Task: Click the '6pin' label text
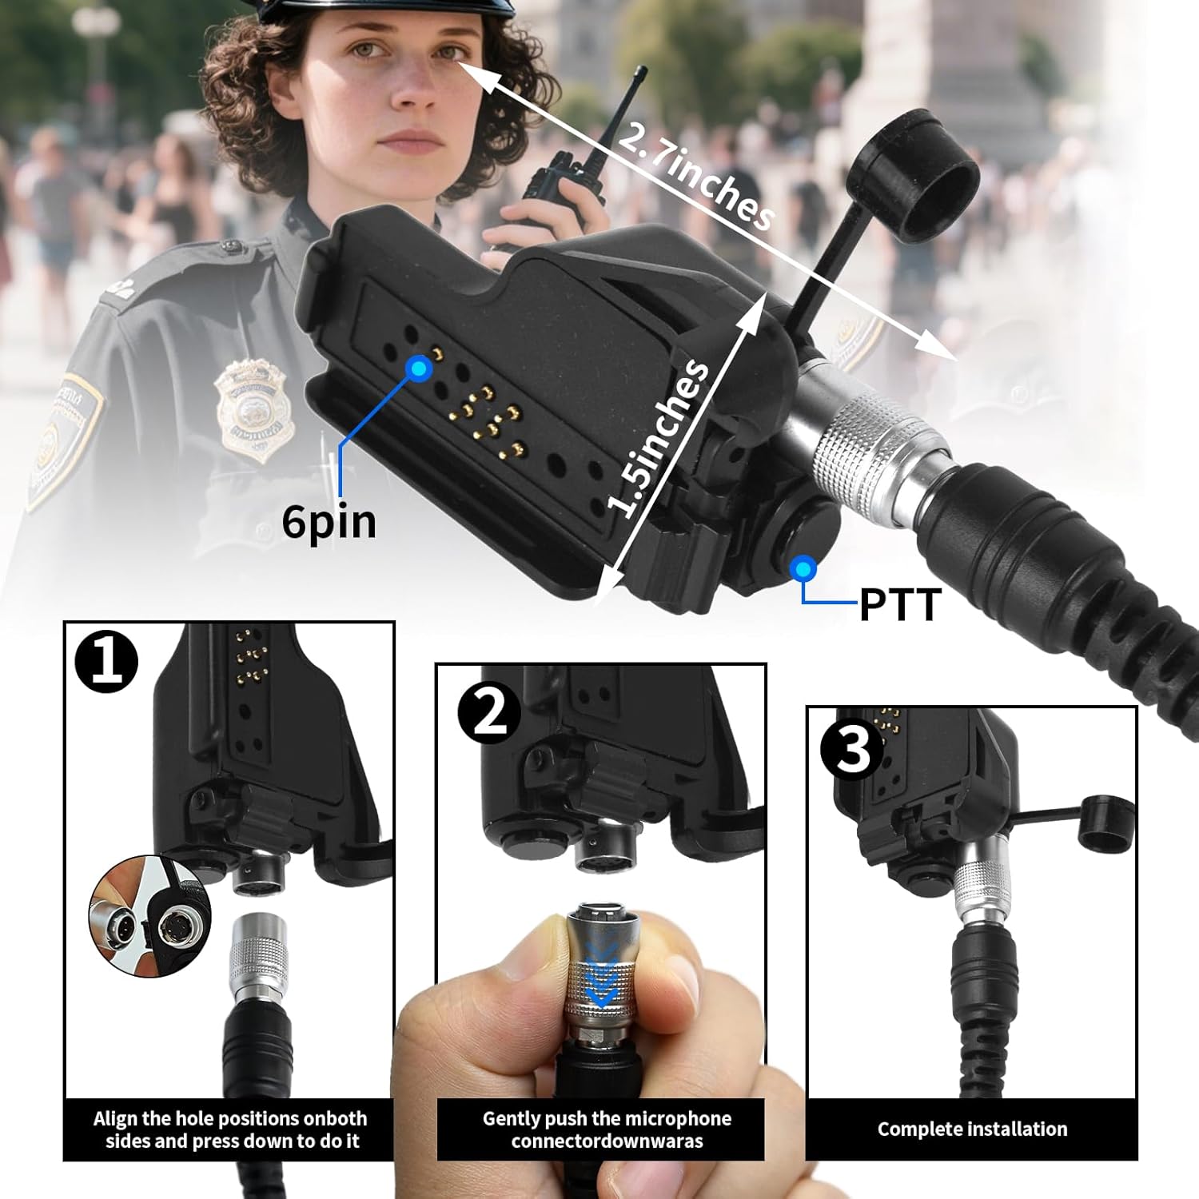click(329, 522)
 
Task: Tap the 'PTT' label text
click(900, 605)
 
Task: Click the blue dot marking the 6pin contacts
click(419, 368)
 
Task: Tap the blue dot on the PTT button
click(803, 569)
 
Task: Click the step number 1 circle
click(106, 662)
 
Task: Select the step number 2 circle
click(489, 713)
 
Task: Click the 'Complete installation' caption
click(972, 1129)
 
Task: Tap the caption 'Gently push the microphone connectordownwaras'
click(607, 1129)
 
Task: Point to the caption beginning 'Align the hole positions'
click(230, 1129)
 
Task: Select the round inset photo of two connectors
click(149, 915)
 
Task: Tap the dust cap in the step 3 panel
click(1106, 822)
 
